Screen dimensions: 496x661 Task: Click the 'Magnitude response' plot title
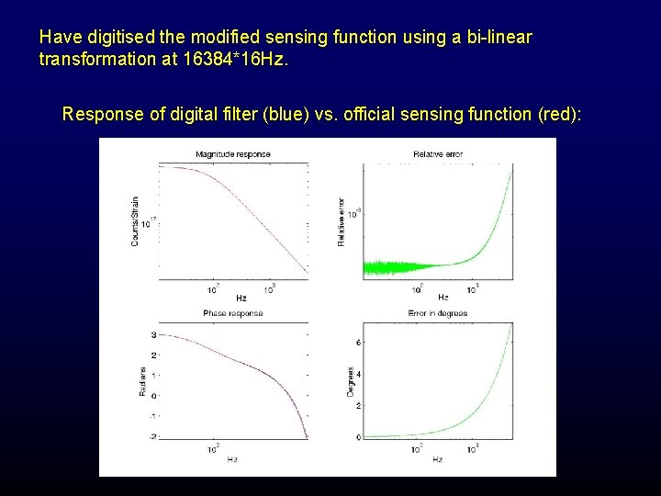pyautogui.click(x=233, y=153)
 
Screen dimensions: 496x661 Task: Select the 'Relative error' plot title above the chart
pyautogui.click(x=438, y=153)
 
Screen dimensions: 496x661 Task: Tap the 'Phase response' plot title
pyautogui.click(x=233, y=314)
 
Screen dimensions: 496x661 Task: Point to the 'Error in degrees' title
pyautogui.click(x=438, y=314)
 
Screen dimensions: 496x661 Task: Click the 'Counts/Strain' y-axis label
pyautogui.click(x=135, y=222)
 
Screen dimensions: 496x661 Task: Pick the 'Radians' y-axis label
pyautogui.click(x=142, y=383)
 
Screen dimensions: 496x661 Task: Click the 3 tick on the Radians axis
pyautogui.click(x=152, y=335)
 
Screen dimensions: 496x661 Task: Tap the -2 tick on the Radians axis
pyautogui.click(x=151, y=436)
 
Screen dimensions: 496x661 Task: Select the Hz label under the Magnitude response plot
pyautogui.click(x=241, y=298)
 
